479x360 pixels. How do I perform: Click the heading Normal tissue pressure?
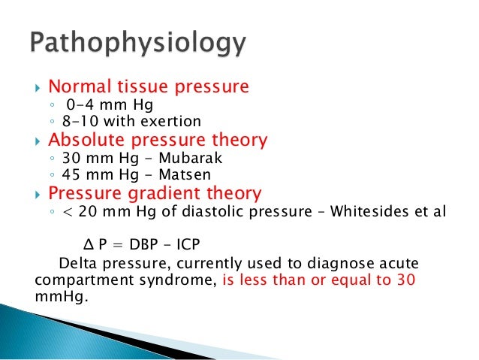(x=148, y=87)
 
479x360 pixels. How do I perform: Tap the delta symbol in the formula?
(x=86, y=246)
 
